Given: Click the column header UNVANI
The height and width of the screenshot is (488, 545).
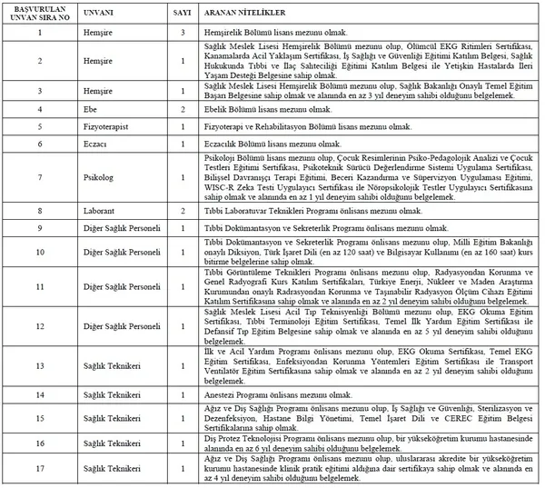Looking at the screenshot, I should [x=99, y=15].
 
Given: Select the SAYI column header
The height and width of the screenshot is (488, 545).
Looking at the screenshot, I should [x=183, y=15].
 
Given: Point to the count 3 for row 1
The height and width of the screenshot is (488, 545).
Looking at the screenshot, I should [x=183, y=32].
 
